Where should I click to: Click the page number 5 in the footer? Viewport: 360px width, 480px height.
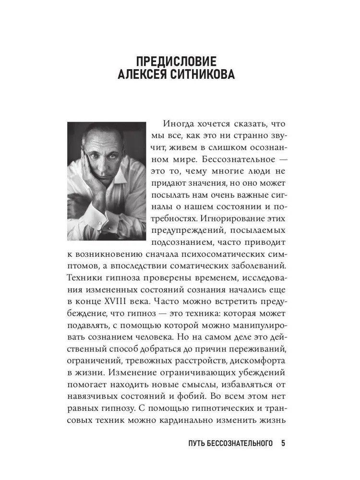[283, 443]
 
